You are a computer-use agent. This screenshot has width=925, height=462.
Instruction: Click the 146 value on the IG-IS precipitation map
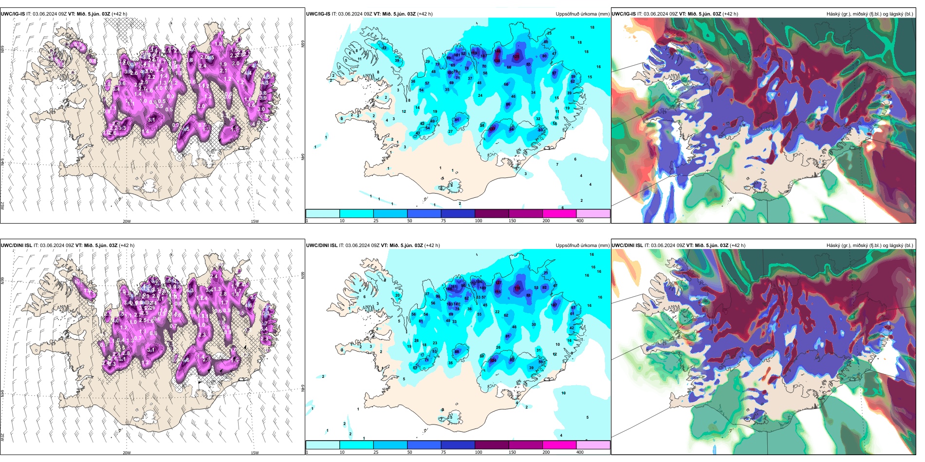coord(498,51)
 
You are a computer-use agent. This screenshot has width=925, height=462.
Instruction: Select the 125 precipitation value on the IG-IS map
coord(516,57)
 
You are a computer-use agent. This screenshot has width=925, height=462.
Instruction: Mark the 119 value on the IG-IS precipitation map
coord(474,53)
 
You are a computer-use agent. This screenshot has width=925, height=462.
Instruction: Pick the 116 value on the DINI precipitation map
coord(517,288)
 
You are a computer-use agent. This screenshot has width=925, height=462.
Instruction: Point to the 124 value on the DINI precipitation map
coord(493,360)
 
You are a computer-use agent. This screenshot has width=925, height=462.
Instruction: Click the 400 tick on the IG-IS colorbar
coord(580,221)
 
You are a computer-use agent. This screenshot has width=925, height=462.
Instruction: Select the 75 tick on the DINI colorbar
coord(444,452)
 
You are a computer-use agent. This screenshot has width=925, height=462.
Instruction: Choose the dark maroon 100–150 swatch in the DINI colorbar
coord(491,445)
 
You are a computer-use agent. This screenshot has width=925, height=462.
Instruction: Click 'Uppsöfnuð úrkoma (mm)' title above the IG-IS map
coord(582,14)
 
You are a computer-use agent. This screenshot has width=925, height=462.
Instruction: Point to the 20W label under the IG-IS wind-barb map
coord(127,221)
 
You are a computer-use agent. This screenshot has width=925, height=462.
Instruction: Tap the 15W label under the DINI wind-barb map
coord(255,453)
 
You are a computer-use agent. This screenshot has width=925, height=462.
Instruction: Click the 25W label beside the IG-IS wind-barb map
coord(2,205)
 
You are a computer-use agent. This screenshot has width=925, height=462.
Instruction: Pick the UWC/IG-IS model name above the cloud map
coord(624,14)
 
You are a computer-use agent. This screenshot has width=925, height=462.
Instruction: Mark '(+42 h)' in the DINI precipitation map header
coord(432,246)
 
